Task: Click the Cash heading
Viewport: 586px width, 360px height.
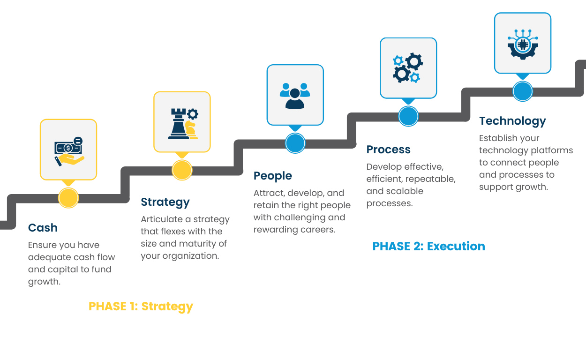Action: tap(43, 228)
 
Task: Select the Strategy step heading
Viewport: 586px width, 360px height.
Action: tap(165, 202)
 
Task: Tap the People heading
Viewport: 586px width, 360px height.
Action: tap(272, 176)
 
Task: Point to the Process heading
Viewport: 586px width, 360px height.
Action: tap(388, 150)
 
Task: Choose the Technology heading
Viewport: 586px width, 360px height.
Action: tap(512, 121)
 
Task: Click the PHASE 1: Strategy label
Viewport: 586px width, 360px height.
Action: tap(141, 306)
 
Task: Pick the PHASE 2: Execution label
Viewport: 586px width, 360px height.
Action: tap(428, 246)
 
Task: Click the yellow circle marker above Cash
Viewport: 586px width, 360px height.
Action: tap(68, 198)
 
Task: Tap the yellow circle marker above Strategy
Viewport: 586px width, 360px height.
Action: tap(182, 170)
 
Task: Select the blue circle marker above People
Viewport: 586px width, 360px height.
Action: tap(295, 143)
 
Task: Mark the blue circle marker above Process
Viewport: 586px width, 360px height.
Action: tap(408, 116)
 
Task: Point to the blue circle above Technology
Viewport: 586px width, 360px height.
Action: tap(523, 91)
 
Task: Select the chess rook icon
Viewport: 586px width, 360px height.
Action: tap(179, 123)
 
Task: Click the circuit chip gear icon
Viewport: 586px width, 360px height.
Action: tap(523, 44)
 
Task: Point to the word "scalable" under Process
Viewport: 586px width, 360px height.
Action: tap(395, 191)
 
